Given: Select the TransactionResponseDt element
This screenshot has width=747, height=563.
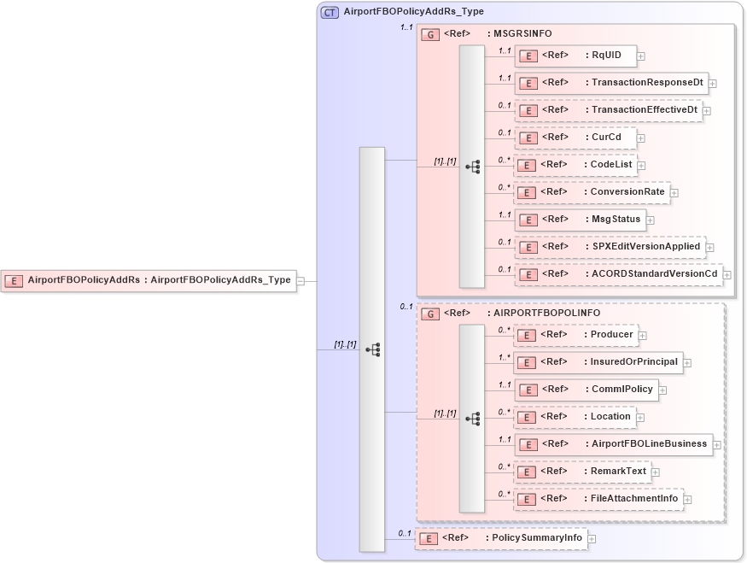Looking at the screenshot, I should [x=610, y=84].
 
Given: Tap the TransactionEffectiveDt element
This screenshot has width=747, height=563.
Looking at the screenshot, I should [x=608, y=110].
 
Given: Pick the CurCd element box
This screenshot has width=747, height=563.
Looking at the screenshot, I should [x=575, y=138].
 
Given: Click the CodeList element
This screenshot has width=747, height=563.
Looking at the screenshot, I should [x=575, y=165].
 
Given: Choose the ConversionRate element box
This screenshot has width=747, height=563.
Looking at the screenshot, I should [x=591, y=192].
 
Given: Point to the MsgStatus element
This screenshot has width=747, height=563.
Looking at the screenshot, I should [x=579, y=220].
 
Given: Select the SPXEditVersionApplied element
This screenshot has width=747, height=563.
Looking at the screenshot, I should [x=610, y=247].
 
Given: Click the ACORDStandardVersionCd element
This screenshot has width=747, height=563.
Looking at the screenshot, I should [x=618, y=274].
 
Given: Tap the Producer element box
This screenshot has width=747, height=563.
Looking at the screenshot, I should [x=575, y=335].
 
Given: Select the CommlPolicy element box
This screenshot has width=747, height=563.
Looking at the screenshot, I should [x=585, y=390].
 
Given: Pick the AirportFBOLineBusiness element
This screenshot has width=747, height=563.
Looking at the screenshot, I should [x=612, y=444].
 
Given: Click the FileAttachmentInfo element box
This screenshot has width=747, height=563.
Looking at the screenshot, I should [x=598, y=499].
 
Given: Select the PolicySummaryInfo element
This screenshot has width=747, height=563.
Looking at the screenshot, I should [x=500, y=538].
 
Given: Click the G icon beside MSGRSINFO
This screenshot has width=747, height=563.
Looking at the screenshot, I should [x=431, y=34].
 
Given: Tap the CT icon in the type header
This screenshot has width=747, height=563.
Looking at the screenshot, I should [x=330, y=12].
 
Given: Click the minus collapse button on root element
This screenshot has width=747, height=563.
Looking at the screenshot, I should [x=301, y=280].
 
